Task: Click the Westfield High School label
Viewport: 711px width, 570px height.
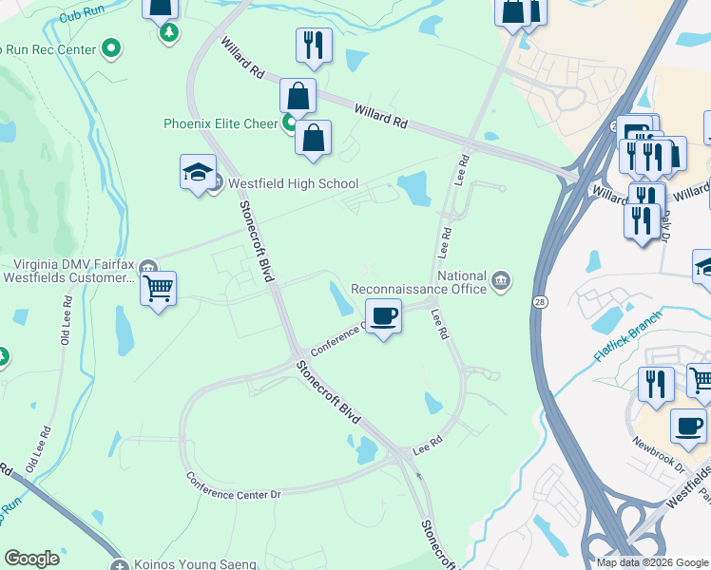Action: point(292,183)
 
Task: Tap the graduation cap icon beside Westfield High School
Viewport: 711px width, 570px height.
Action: point(198,173)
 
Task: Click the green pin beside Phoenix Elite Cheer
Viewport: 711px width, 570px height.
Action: point(288,123)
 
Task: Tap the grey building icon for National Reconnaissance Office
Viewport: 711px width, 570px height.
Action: point(501,280)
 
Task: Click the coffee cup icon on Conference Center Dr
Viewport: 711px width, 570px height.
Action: point(383,315)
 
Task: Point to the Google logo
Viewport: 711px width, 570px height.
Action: point(31,559)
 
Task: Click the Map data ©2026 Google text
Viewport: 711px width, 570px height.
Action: point(652,561)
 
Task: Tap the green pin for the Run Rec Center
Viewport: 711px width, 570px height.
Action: point(112,47)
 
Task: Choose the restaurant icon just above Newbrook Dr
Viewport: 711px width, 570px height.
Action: point(656,383)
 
